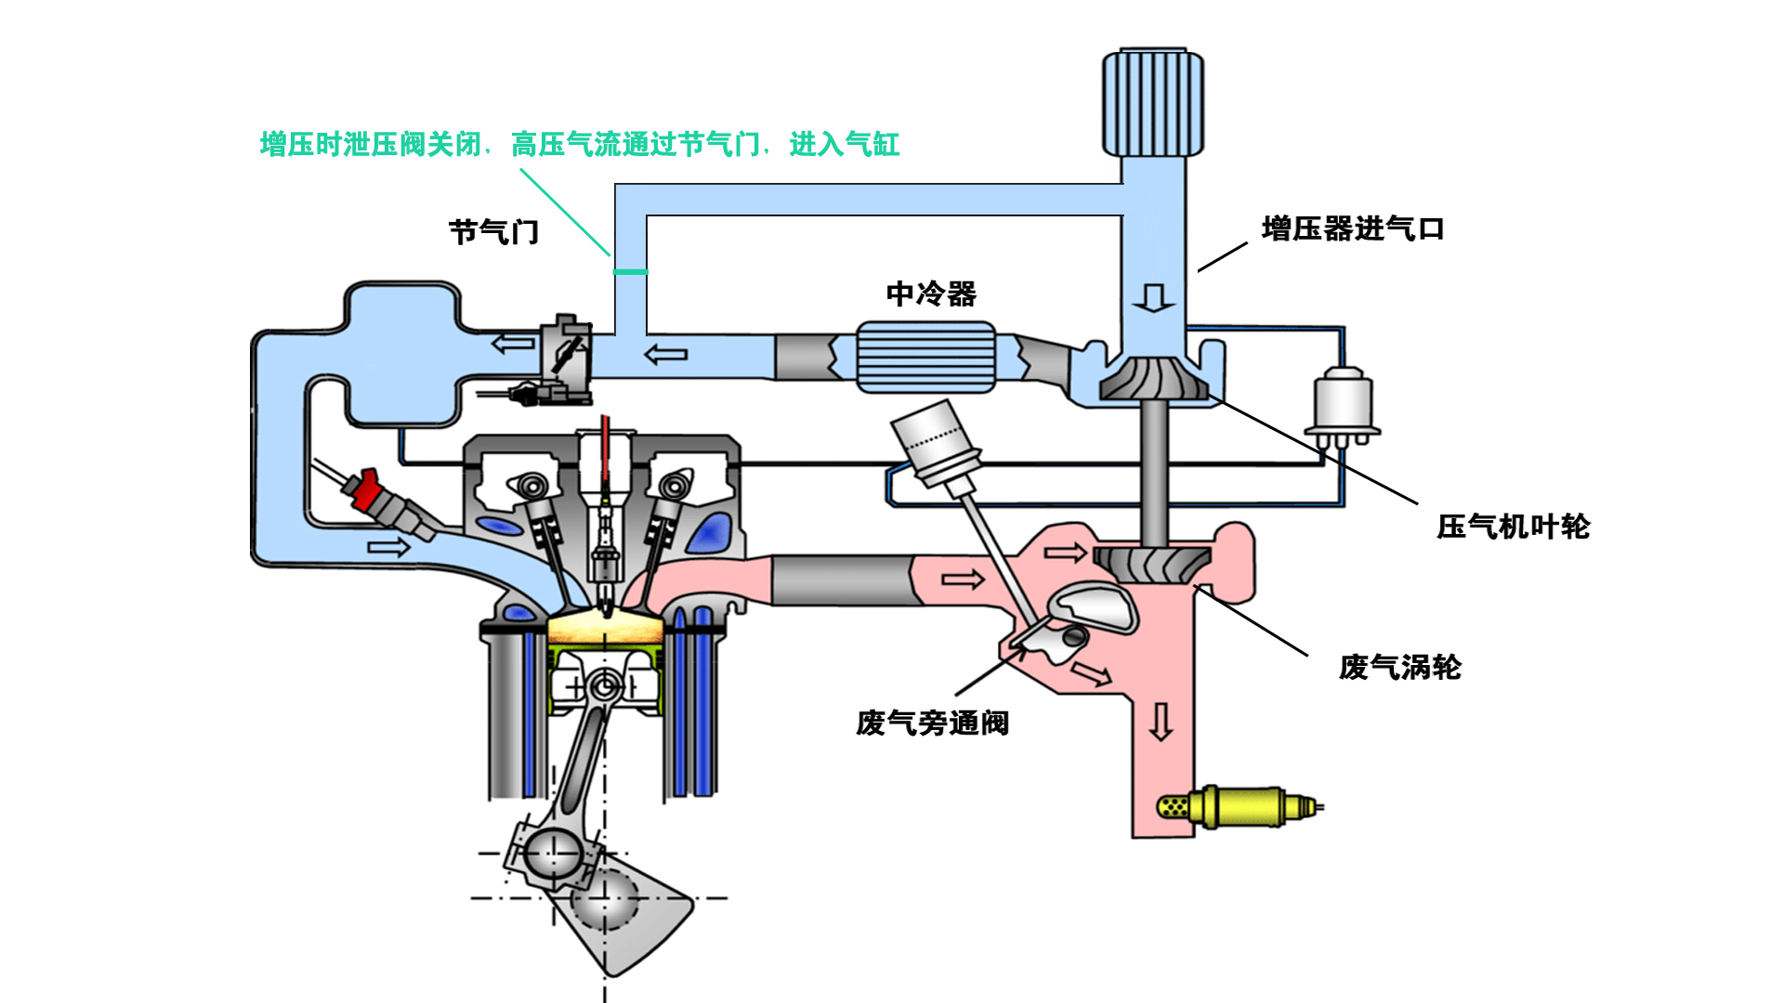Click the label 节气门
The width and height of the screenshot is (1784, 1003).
coord(493,231)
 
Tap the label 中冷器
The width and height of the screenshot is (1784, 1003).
coord(931,293)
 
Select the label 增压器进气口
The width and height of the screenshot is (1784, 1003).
coord(1352,228)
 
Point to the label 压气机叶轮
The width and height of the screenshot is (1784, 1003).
coord(1513,527)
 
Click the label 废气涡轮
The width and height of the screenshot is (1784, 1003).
coord(1399,667)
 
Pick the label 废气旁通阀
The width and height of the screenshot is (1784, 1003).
coord(932,723)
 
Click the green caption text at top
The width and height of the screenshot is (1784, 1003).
coord(579,145)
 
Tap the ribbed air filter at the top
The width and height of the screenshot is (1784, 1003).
coord(1153,103)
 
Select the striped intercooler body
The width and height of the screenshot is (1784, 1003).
coord(925,357)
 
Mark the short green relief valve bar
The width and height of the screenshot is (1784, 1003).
coord(630,272)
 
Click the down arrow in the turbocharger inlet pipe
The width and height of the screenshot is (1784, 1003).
coord(1153,298)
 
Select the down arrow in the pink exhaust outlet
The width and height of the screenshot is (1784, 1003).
coord(1161,722)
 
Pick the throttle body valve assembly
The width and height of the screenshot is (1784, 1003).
coord(565,360)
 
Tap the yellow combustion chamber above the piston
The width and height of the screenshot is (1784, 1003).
coord(605,629)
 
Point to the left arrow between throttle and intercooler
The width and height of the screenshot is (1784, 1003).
coord(665,354)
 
